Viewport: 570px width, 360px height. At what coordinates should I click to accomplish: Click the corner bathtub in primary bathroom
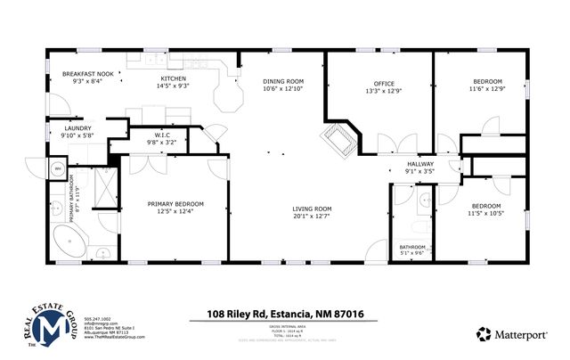coord(68,241)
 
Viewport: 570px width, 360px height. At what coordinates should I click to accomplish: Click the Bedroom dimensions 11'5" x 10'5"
coord(487,213)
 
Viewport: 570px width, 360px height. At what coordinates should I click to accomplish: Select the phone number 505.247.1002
coord(98,318)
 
